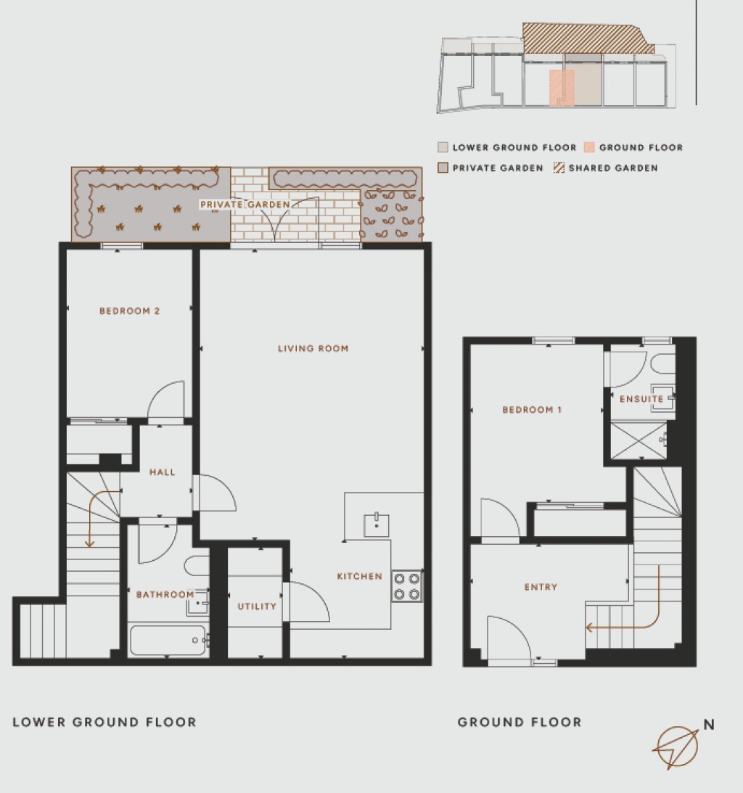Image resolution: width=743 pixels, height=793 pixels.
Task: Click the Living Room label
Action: coord(313,348)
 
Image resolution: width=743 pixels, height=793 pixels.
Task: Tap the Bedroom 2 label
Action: coord(129,311)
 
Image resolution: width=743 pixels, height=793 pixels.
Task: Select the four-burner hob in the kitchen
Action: coord(407,586)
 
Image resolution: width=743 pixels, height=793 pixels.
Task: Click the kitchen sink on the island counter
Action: coord(377,525)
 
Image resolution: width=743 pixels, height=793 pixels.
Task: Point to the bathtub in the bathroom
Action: coord(168,641)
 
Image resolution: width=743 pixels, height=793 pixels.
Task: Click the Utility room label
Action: coord(257,607)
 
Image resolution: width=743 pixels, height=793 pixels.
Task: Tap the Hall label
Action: coord(163,472)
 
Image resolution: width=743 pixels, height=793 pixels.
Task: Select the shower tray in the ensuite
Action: coord(637,440)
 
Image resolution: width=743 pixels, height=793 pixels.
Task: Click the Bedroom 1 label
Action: coord(532,410)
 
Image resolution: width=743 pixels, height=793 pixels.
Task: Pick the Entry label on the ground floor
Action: coord(541,587)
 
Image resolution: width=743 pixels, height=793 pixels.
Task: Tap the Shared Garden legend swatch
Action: coord(559,168)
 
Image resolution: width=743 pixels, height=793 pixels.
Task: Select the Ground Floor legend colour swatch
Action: coord(589,147)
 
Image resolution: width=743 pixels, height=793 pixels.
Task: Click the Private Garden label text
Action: coord(245,205)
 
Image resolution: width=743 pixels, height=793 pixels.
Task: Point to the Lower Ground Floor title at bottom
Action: coord(104,722)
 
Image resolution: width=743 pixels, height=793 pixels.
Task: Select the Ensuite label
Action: coord(641,399)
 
